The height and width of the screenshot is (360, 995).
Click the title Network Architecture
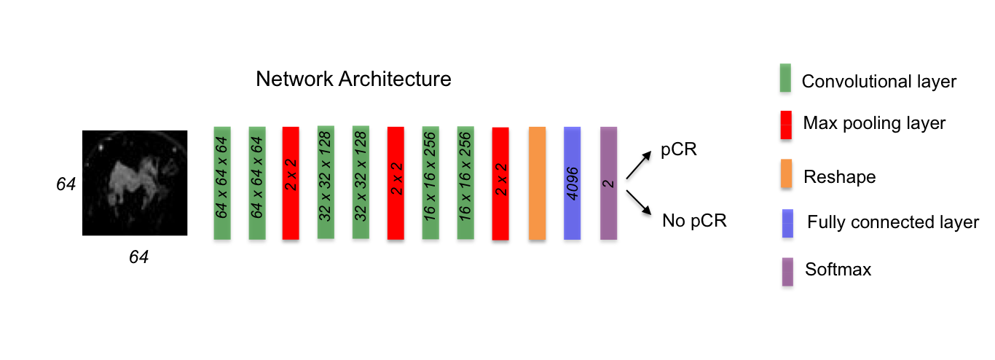point(353,79)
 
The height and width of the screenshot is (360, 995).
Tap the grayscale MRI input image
point(135,183)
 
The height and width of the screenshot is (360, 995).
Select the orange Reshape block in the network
point(537,183)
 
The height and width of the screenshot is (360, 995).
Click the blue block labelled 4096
point(573,183)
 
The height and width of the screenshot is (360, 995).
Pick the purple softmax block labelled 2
point(609,183)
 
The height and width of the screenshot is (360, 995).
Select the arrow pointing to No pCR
point(640,203)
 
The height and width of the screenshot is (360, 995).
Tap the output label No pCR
point(694,220)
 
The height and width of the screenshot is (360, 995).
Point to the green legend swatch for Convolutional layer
point(785,79)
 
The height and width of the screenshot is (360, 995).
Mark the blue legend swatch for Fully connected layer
point(785,222)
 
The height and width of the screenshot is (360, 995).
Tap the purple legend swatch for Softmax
point(785,270)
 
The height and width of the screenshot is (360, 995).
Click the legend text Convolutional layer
point(878,82)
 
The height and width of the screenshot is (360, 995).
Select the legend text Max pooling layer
point(874,123)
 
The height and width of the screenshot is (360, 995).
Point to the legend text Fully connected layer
point(893,222)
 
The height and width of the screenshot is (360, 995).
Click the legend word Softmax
point(838,270)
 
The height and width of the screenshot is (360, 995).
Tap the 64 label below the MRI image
point(138,257)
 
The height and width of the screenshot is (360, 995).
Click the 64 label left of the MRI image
point(66,184)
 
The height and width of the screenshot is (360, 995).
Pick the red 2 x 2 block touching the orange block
point(500,183)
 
